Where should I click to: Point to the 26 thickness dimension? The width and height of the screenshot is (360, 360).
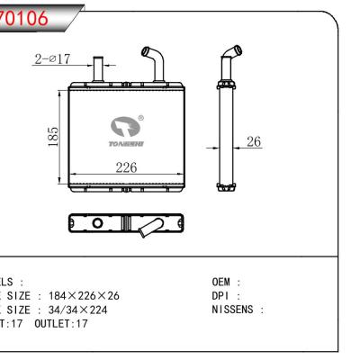(x=255, y=141)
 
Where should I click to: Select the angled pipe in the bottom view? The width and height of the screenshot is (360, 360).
(x=145, y=231)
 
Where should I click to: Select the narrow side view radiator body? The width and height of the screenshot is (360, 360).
(x=224, y=135)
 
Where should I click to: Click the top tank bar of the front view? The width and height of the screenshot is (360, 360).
(x=125, y=87)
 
